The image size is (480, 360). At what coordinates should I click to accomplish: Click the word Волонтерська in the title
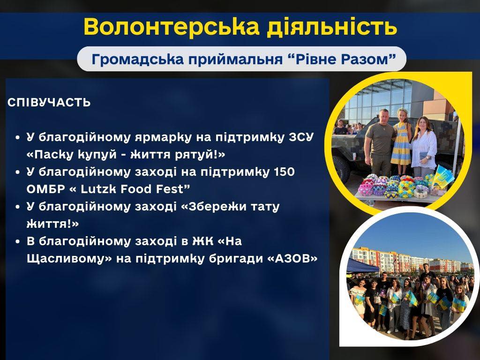pos(172,27)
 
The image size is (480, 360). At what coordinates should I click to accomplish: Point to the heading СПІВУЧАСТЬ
pos(49,102)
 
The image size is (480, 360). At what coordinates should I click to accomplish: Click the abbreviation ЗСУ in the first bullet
pos(301,137)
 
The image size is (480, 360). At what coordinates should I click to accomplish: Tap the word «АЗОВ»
pos(292,259)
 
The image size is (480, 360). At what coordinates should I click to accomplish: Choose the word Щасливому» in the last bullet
pos(69,259)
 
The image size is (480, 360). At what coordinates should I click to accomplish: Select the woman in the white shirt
pos(423,147)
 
